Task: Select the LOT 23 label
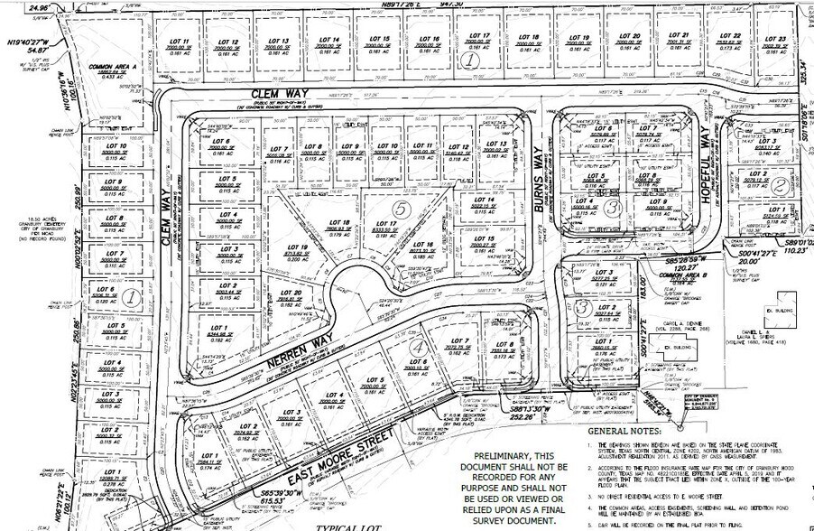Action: click(775, 40)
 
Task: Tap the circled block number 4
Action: click(416, 347)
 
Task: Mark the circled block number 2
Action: click(778, 184)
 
